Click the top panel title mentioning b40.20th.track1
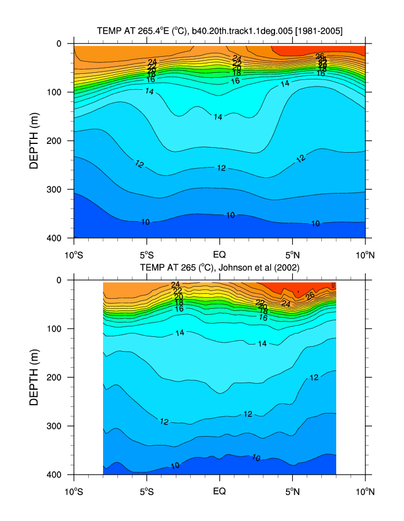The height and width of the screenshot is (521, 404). (x=219, y=31)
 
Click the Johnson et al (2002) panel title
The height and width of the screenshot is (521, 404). (x=219, y=268)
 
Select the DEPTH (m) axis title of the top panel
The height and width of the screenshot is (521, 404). (x=35, y=140)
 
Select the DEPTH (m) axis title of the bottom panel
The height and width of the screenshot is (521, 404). (x=35, y=377)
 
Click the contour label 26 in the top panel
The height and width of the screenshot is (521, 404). (x=320, y=56)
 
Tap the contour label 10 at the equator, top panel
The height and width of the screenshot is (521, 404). (x=230, y=215)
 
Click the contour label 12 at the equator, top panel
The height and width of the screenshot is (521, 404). (x=221, y=168)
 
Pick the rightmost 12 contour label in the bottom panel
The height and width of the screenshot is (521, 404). (x=314, y=378)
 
